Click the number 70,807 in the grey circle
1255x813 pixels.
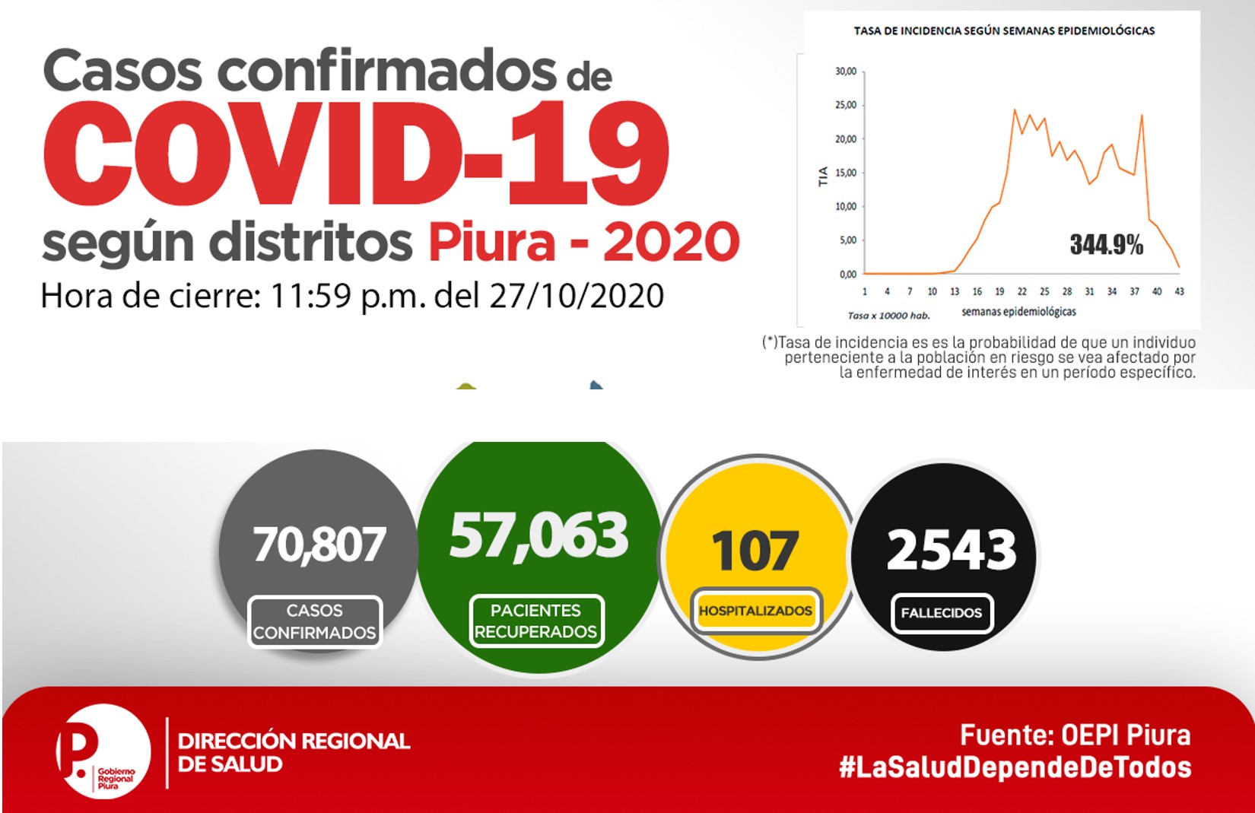319,544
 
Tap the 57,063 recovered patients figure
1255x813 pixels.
539,535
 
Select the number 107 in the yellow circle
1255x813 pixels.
755,551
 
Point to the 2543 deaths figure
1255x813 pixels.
952,549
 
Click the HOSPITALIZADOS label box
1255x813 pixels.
756,611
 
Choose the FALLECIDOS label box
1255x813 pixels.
942,613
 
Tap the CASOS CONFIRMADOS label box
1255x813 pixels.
315,621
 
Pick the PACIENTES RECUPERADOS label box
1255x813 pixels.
536,621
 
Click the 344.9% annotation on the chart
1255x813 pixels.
1107,245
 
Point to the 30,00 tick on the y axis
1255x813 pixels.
846,71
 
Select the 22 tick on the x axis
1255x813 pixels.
1022,291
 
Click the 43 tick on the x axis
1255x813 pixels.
1180,291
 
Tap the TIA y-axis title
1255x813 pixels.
823,176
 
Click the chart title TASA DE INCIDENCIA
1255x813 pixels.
1004,31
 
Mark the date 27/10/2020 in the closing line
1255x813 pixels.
577,296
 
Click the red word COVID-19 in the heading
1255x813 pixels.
356,153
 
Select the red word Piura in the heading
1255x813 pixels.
492,242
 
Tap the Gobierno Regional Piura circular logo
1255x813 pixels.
103,751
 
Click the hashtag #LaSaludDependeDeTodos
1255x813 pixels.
1015,767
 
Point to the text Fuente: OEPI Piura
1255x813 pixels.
1075,735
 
